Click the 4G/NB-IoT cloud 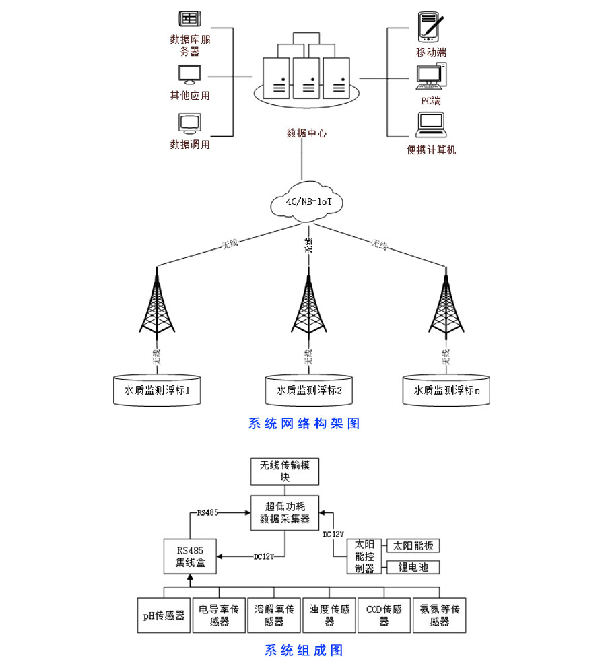tap(303, 201)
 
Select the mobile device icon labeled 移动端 tap(431, 26)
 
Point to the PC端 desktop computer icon tap(431, 76)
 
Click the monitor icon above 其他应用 tap(189, 74)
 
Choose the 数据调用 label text tap(190, 144)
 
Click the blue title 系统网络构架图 tap(304, 424)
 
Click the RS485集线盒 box tap(191, 557)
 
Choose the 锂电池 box tap(413, 567)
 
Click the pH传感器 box tap(164, 615)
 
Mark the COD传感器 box tap(384, 615)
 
